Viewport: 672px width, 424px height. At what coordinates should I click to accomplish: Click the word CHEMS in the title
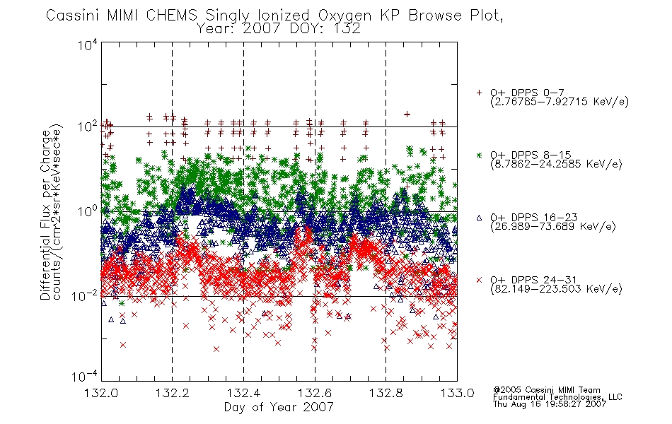[x=171, y=16]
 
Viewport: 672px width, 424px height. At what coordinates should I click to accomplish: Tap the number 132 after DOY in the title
[x=346, y=29]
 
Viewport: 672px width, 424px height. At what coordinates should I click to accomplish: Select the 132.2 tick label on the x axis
[x=173, y=393]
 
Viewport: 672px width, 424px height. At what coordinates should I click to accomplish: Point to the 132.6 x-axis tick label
[x=315, y=393]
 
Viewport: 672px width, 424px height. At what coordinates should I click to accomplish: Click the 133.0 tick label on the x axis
[x=457, y=393]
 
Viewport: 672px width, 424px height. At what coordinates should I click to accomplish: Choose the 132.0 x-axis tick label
[x=101, y=393]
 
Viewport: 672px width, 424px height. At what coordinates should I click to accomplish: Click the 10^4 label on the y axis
[x=88, y=45]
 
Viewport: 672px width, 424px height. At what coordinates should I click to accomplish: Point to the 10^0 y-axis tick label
[x=88, y=211]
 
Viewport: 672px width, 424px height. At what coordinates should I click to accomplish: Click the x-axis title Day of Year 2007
[x=279, y=407]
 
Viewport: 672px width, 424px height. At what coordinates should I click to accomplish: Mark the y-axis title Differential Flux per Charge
[x=45, y=215]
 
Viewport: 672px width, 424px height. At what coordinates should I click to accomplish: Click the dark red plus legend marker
[x=479, y=93]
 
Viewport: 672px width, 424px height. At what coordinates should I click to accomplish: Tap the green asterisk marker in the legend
[x=479, y=155]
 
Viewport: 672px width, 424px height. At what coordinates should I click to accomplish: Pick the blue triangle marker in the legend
[x=479, y=218]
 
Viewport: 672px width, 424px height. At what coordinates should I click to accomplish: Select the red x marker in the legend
[x=479, y=280]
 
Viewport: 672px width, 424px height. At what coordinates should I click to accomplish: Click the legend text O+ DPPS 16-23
[x=533, y=218]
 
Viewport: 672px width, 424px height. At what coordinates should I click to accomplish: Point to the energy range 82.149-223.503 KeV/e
[x=556, y=288]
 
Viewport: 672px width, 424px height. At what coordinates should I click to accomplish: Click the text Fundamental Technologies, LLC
[x=557, y=397]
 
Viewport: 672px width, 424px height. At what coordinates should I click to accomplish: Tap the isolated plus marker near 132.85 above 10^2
[x=407, y=114]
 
